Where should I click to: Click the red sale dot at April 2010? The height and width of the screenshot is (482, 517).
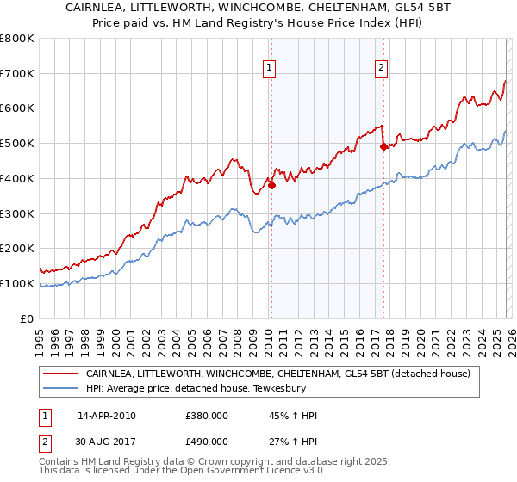[271, 184]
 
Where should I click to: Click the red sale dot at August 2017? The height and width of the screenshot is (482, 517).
[383, 146]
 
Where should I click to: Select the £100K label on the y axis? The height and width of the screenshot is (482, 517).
[17, 283]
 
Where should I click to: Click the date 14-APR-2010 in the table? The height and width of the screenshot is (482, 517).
[106, 416]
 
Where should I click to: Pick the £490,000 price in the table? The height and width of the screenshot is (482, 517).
[206, 442]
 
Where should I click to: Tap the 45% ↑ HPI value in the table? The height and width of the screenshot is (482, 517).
[293, 416]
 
